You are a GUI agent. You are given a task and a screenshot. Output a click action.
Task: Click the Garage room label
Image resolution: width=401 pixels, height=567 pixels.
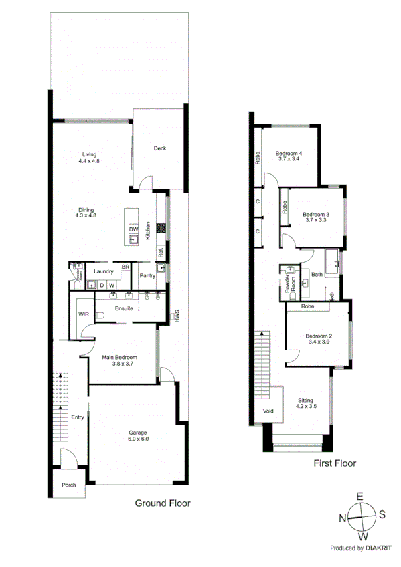tap(138, 433)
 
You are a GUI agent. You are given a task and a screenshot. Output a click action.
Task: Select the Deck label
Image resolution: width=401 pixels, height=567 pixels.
tap(159, 148)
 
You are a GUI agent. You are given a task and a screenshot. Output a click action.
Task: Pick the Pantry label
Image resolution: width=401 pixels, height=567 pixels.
tap(147, 275)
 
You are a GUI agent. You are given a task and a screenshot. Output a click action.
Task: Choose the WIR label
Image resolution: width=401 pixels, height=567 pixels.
tap(84, 314)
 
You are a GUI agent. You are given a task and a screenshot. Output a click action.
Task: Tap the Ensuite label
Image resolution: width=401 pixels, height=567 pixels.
tap(125, 309)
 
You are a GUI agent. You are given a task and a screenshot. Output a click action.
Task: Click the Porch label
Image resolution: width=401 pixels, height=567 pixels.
tap(69, 485)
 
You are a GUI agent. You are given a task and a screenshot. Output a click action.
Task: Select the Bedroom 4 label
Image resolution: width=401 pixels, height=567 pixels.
tap(289, 153)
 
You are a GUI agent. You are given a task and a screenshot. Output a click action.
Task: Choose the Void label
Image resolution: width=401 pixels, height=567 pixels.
tap(268, 411)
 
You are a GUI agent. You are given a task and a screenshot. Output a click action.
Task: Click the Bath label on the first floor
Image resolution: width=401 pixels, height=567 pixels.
tap(317, 274)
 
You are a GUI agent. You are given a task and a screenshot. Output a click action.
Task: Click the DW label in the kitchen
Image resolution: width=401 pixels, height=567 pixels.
tap(133, 228)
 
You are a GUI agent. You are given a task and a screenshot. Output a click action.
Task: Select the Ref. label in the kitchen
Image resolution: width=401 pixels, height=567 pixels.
tap(161, 253)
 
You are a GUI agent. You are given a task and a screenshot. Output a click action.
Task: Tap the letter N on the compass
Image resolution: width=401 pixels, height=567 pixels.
tap(342, 517)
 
